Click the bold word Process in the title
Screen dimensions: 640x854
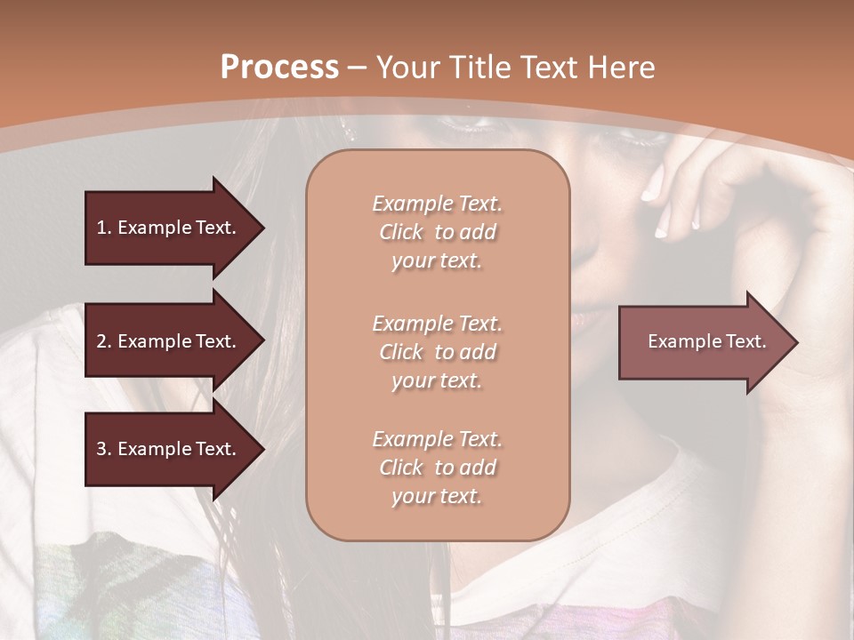click(x=279, y=67)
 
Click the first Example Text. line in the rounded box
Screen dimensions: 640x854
click(x=437, y=204)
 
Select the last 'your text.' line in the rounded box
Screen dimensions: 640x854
click(x=437, y=497)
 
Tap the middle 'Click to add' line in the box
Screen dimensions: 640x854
click(x=437, y=352)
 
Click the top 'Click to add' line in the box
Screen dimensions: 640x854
click(x=437, y=232)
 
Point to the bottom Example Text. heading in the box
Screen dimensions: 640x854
click(x=437, y=439)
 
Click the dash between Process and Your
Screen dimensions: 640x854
click(x=356, y=68)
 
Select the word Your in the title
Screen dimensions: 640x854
click(x=408, y=68)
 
